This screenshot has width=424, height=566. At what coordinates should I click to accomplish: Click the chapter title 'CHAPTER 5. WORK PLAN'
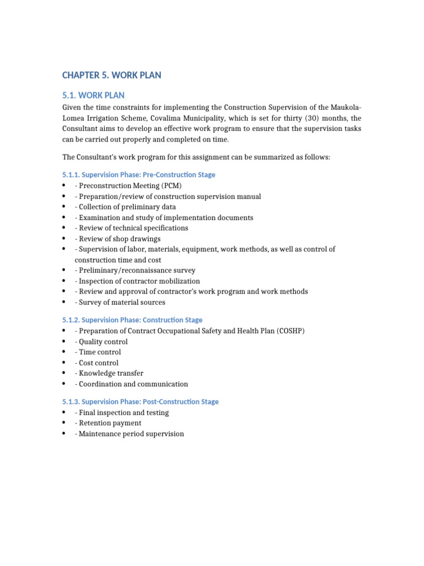(x=112, y=75)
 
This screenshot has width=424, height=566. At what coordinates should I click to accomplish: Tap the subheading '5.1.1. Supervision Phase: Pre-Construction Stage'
(x=138, y=175)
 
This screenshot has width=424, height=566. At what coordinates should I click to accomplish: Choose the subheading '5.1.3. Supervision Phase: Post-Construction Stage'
(x=140, y=402)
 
